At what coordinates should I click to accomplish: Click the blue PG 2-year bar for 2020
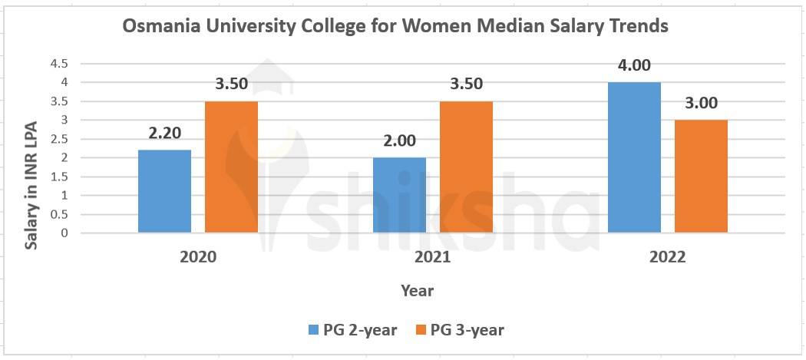[x=164, y=191]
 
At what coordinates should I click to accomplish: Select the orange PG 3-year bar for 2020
[x=231, y=167]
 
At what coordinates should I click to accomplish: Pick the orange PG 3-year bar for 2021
[x=466, y=167]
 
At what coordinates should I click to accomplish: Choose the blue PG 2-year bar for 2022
[x=634, y=157]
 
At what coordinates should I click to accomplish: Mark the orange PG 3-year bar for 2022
[x=701, y=177]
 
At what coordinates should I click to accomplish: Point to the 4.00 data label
[x=634, y=65]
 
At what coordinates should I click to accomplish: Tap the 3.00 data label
[x=701, y=104]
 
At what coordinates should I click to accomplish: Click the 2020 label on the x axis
[x=198, y=257]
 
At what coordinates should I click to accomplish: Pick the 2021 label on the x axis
[x=432, y=257]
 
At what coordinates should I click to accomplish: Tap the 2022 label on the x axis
[x=666, y=257]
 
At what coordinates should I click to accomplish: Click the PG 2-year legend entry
[x=353, y=330]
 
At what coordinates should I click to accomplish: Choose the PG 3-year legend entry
[x=460, y=330]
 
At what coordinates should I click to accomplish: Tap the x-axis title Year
[x=417, y=290]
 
